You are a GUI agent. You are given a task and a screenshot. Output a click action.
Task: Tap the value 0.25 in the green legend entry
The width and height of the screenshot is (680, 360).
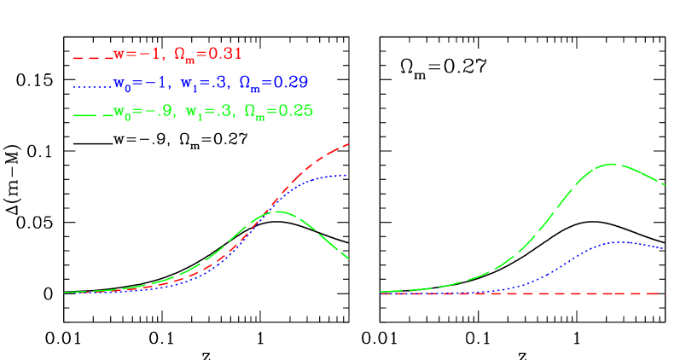[296, 110]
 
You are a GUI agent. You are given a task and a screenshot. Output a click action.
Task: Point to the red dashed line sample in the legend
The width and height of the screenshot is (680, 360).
[92, 57]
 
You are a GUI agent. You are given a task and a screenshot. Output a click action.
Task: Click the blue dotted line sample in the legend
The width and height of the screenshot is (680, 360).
[92, 85]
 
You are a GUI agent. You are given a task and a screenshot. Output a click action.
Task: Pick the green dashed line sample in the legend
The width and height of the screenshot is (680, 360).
[92, 113]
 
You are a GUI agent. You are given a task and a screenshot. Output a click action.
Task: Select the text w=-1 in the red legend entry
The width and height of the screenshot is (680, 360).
[137, 54]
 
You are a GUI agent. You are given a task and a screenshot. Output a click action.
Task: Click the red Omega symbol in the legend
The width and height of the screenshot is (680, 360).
[182, 54]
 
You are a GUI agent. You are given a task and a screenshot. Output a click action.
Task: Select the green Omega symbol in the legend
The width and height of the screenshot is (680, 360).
[253, 110]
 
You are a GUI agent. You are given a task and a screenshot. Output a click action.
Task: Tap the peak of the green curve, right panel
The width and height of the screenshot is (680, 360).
[613, 163]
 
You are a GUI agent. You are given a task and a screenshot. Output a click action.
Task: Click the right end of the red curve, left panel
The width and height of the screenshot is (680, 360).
[349, 144]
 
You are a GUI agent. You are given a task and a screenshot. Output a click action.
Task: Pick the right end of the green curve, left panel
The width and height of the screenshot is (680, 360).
[349, 258]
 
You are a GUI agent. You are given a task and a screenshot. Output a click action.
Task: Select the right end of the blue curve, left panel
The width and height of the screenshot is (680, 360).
[346, 175]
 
